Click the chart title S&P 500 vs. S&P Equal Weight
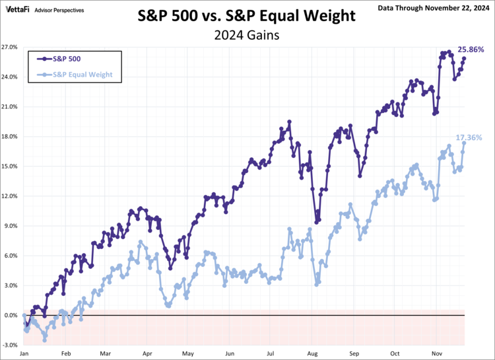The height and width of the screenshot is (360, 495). pos(247,15)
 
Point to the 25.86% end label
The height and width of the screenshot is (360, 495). pos(471,50)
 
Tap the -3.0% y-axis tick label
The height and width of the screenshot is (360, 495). pos(11,345)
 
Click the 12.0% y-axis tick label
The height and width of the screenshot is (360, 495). pos(10,196)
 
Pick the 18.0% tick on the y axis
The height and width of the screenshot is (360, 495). pos(10,137)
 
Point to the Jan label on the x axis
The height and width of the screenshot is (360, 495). pos(24,354)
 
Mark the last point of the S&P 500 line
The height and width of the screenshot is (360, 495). pos(464,58)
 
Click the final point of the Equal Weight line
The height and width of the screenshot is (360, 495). pos(464,143)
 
